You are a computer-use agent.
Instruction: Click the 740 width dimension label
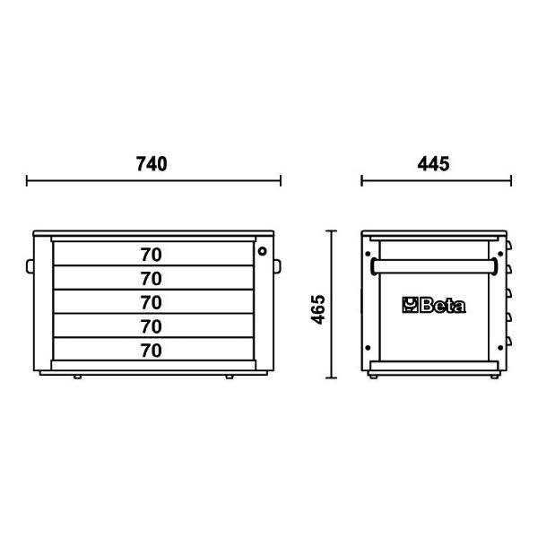click(152, 164)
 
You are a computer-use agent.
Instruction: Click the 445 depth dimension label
click(433, 164)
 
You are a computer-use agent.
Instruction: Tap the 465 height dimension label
click(318, 309)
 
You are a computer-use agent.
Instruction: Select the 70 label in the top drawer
click(151, 255)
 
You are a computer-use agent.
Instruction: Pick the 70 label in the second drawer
click(151, 279)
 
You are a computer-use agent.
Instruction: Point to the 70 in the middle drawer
click(151, 303)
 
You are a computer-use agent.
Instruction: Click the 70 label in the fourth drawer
click(151, 326)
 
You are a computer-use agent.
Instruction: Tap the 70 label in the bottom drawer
click(151, 351)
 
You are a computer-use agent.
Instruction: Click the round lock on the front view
click(262, 251)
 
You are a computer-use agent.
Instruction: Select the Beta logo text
click(443, 306)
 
